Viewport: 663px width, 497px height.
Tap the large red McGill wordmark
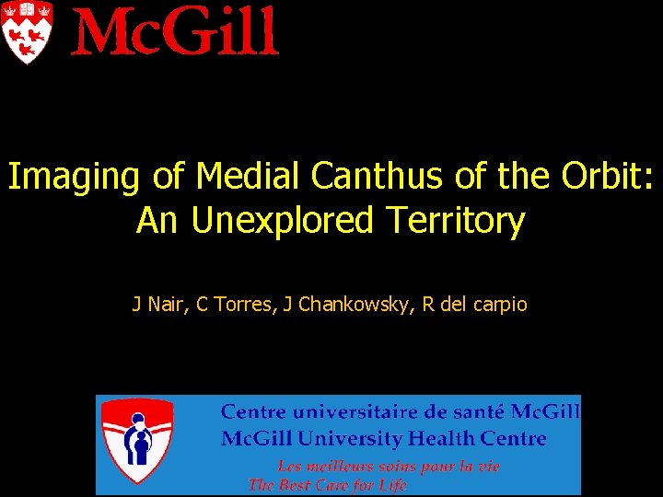point(175,31)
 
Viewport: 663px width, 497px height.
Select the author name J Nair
point(159,304)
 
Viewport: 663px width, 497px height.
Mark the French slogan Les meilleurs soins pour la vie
point(389,467)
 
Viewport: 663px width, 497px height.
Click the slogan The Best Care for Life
point(328,484)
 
